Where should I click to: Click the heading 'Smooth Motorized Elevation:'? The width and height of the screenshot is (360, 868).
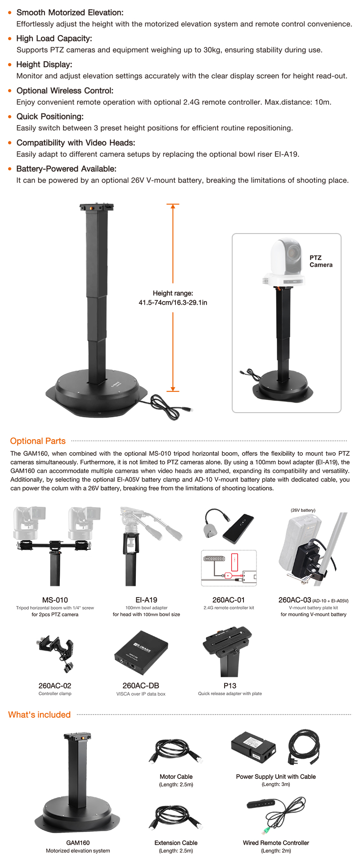[x=70, y=13]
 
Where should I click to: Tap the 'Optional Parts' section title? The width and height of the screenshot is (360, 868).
[x=38, y=441]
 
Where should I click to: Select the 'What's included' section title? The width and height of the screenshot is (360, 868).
[x=40, y=715]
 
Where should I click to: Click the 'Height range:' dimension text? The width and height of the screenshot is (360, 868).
[x=173, y=293]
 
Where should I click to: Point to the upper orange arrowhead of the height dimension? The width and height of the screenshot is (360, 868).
[x=173, y=207]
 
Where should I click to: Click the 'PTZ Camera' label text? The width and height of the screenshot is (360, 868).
[x=321, y=261]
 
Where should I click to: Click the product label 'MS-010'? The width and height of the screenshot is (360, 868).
[x=55, y=600]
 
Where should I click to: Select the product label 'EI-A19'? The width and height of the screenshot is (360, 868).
[x=146, y=600]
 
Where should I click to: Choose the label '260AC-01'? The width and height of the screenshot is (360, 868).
[x=229, y=600]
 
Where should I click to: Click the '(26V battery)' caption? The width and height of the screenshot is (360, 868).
[x=303, y=510]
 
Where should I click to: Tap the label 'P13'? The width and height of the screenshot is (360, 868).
[x=230, y=686]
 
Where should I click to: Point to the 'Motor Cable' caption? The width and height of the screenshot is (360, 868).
[x=176, y=777]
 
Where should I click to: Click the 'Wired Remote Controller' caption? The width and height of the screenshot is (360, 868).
[x=276, y=843]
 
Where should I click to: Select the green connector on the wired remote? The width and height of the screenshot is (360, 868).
[x=264, y=830]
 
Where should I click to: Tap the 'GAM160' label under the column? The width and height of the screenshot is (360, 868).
[x=78, y=843]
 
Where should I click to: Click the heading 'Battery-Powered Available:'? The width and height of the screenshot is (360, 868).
[x=66, y=169]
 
